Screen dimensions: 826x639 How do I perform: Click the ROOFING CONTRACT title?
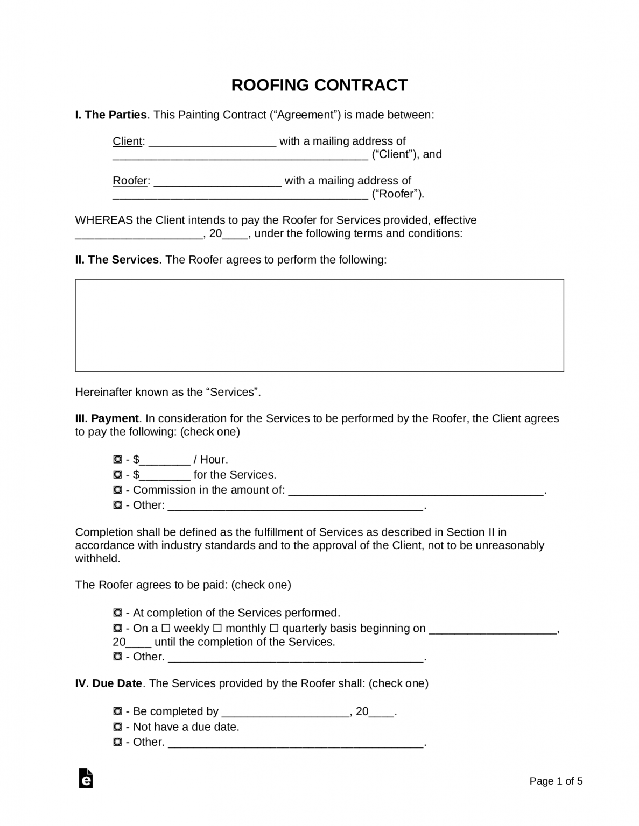(x=319, y=85)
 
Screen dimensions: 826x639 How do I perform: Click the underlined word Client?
(x=128, y=141)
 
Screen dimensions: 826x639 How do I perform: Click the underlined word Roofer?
(x=130, y=181)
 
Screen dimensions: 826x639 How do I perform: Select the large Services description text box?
(x=319, y=325)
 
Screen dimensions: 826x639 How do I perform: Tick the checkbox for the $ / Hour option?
(x=118, y=459)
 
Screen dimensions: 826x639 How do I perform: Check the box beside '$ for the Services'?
(x=118, y=474)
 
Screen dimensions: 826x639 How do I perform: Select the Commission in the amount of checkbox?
(x=118, y=490)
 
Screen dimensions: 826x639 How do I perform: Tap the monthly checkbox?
(x=217, y=628)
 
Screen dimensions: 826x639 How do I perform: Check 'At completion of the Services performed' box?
(x=118, y=613)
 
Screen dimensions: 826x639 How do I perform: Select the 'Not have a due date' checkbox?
(x=118, y=727)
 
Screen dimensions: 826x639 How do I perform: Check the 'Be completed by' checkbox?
(x=118, y=711)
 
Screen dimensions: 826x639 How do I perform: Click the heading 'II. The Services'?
(x=117, y=260)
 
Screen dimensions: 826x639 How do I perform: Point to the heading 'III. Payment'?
(x=107, y=418)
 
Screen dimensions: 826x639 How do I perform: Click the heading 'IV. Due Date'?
(x=109, y=683)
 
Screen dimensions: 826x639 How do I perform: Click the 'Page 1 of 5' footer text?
(x=556, y=781)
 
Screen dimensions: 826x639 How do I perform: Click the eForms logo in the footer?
(x=86, y=778)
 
